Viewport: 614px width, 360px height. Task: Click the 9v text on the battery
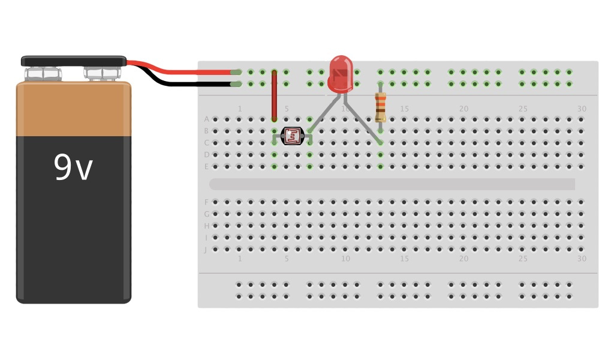point(73,167)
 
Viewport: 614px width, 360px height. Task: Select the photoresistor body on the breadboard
point(292,136)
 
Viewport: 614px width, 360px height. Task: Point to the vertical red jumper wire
point(274,95)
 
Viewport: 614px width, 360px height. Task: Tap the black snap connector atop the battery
point(74,61)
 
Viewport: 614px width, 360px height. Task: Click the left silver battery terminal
point(43,74)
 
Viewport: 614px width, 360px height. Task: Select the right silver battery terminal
point(102,74)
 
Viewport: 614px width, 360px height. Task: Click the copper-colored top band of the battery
point(74,109)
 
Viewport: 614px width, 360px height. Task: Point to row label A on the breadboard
point(206,119)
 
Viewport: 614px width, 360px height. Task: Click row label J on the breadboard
point(206,250)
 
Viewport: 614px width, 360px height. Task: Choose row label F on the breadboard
point(206,202)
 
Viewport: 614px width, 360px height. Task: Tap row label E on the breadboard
point(206,166)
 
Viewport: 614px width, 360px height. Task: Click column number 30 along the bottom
point(582,259)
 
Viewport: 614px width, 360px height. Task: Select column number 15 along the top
point(404,109)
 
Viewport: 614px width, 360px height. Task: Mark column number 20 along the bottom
point(463,259)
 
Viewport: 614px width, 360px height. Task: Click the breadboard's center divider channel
point(392,184)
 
